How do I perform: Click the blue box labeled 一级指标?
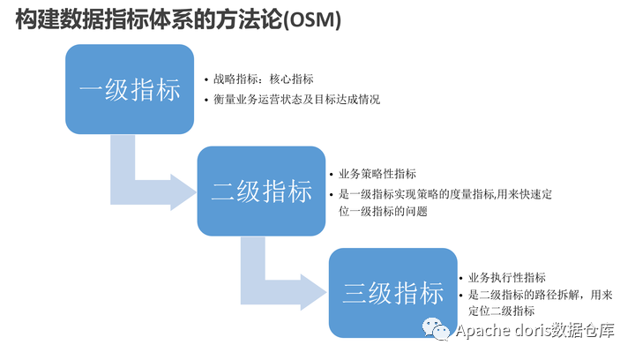[x=130, y=89]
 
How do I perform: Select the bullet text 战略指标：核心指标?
[x=264, y=79]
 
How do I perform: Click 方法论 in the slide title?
[x=255, y=20]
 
